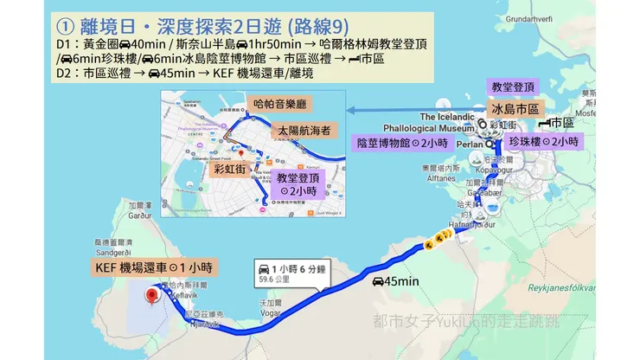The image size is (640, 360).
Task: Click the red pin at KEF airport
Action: coord(153,297)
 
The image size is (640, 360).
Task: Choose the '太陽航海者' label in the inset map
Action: coord(303,131)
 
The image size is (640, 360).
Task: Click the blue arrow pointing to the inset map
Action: coord(415,110)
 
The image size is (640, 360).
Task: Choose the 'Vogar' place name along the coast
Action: coord(268,314)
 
